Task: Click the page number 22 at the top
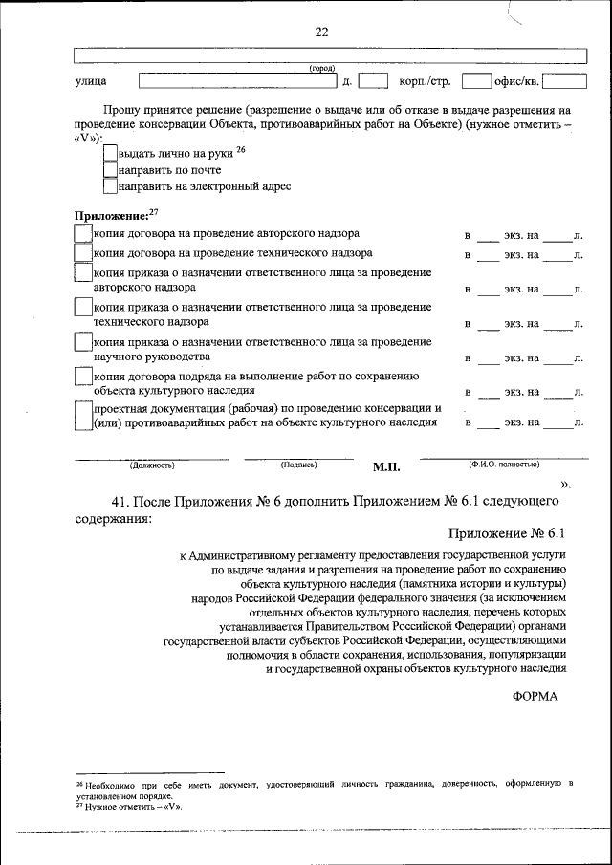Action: click(x=321, y=32)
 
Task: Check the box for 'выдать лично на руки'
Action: click(x=110, y=152)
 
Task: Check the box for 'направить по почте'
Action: click(x=110, y=169)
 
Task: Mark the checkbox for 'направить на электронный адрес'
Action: click(x=110, y=187)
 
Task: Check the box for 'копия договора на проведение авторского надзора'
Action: click(x=83, y=233)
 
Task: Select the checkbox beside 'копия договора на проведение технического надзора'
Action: click(x=83, y=253)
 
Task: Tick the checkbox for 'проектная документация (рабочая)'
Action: click(x=83, y=415)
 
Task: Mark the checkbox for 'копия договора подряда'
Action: click(x=83, y=381)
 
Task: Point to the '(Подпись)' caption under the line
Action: click(x=298, y=465)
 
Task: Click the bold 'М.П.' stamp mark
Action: click(x=385, y=467)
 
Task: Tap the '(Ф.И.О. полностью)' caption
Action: click(x=503, y=464)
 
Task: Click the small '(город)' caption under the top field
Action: click(x=321, y=68)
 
